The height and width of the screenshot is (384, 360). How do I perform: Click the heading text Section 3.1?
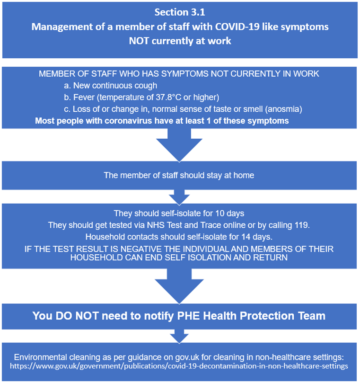tap(180, 12)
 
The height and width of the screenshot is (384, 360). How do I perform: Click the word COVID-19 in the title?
tap(237, 27)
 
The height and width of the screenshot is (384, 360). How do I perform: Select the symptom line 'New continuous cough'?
tap(111, 86)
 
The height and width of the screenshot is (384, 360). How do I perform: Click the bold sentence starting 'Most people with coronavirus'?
tap(162, 121)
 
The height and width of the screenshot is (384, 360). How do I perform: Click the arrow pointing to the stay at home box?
tap(179, 145)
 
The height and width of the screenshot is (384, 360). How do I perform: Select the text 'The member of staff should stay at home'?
tap(179, 175)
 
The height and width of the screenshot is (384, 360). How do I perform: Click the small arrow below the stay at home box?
tap(179, 197)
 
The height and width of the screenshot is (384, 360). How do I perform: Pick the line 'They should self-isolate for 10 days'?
tap(179, 213)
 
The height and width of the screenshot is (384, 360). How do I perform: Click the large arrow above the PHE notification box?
tap(179, 286)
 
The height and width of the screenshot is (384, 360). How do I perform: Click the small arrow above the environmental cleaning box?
tap(179, 336)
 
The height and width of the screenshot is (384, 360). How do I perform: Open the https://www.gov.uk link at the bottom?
tap(179, 366)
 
